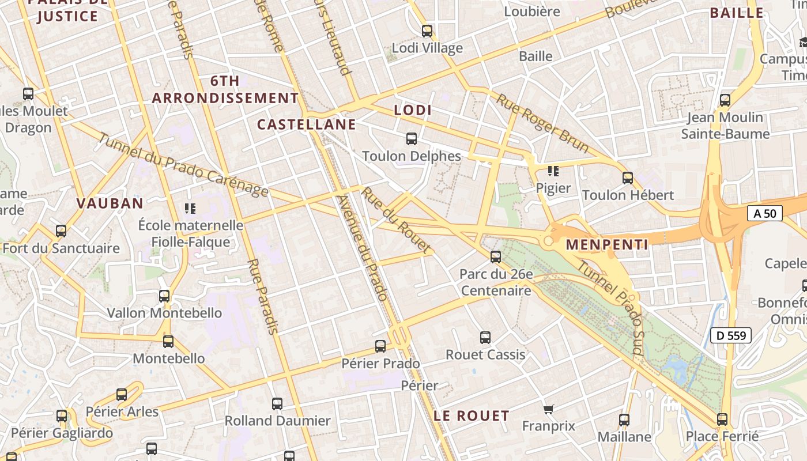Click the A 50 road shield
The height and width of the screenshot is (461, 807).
[765, 213]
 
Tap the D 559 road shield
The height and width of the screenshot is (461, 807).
[731, 335]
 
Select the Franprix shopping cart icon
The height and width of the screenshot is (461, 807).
[549, 409]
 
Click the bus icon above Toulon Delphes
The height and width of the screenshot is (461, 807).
[412, 138]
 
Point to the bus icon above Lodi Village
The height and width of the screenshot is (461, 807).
[427, 31]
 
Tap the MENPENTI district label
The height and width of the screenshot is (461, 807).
[607, 244]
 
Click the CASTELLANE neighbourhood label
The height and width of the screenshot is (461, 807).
[306, 124]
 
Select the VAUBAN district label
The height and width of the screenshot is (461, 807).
[110, 203]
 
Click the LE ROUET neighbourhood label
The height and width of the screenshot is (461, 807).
[472, 415]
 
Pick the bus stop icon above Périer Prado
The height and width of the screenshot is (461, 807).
[380, 346]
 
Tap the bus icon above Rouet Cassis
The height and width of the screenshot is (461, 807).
[485, 337]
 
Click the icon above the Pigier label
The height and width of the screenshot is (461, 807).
[553, 171]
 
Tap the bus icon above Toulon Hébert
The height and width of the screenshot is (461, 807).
[628, 178]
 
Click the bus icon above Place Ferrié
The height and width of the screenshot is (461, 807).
[722, 419]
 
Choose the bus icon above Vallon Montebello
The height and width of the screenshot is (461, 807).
[164, 296]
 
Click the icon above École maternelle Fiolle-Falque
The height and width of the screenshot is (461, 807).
[190, 207]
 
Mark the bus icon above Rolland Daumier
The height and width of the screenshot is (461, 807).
[277, 403]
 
